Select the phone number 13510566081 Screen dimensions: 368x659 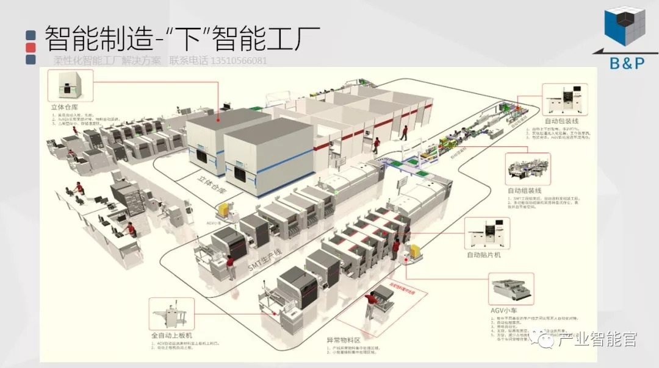(x=238, y=61)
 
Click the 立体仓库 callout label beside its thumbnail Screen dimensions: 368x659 (x=66, y=106)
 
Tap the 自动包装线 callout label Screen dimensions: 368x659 (x=561, y=121)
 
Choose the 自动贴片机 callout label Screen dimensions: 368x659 (x=484, y=255)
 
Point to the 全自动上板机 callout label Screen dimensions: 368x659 (x=171, y=336)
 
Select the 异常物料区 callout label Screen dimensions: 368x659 (x=344, y=339)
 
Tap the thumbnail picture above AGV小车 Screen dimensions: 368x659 (x=511, y=289)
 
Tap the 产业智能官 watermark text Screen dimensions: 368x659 (x=589, y=339)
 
